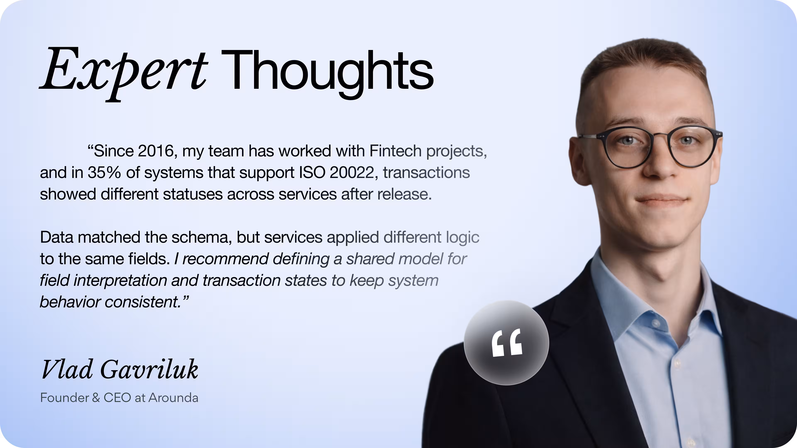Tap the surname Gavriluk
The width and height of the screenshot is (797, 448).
point(149,370)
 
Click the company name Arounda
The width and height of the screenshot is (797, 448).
point(173,398)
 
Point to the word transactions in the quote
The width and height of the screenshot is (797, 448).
point(426,173)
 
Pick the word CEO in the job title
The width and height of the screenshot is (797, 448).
point(117,398)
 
